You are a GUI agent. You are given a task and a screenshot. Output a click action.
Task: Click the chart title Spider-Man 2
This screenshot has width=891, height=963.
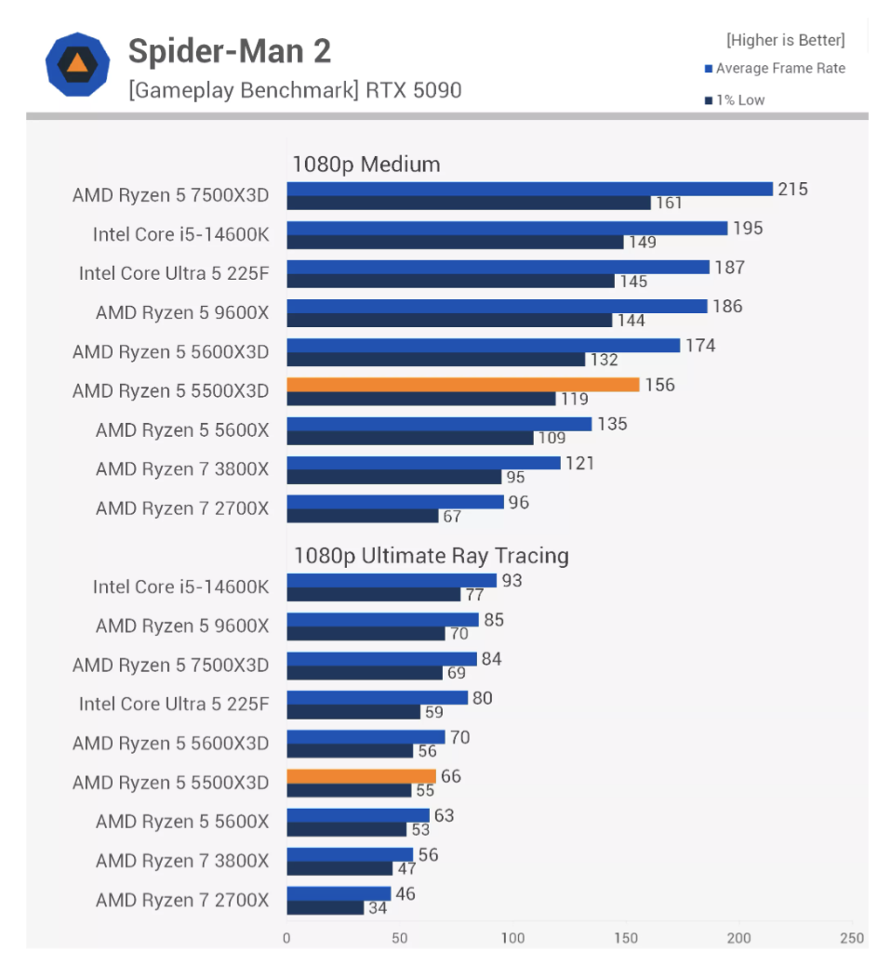click(x=229, y=52)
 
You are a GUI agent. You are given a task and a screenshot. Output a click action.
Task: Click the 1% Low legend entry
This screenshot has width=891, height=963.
click(x=735, y=99)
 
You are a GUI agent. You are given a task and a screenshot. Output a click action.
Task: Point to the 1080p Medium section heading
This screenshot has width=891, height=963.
click(x=366, y=165)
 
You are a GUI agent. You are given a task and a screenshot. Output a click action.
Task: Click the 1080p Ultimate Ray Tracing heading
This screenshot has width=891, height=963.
click(x=431, y=556)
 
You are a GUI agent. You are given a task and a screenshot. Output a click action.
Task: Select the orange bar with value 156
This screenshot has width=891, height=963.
click(x=462, y=385)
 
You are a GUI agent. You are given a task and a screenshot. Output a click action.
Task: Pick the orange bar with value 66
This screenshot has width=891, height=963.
click(x=361, y=776)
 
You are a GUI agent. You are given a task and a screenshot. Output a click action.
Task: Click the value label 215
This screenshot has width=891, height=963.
click(x=792, y=190)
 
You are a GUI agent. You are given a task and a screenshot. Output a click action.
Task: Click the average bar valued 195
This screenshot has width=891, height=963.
click(x=506, y=229)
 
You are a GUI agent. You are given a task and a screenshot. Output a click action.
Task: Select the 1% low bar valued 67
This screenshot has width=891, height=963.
click(x=362, y=516)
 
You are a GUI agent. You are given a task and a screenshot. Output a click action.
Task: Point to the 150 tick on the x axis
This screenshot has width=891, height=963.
click(x=626, y=937)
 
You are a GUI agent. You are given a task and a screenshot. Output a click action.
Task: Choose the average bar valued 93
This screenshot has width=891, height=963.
click(x=391, y=581)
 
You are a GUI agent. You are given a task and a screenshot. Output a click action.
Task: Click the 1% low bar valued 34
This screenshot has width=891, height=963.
click(x=325, y=907)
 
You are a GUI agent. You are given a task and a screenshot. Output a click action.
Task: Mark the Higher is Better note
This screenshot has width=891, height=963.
click(x=785, y=40)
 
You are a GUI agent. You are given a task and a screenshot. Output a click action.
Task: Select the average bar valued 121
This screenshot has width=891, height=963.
click(x=423, y=463)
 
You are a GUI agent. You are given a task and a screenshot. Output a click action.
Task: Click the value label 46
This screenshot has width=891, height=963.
click(x=405, y=894)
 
